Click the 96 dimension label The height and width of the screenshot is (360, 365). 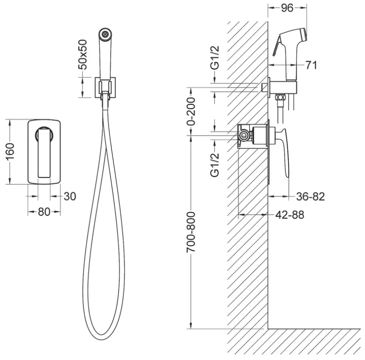[287, 8]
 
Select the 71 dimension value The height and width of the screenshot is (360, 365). [312, 65]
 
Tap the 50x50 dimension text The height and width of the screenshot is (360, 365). [83, 55]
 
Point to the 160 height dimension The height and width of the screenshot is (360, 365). [10, 152]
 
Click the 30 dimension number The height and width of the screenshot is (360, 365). [70, 196]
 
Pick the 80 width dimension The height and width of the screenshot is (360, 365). [44, 212]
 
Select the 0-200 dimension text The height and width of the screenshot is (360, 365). [191, 112]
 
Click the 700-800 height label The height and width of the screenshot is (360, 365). [191, 232]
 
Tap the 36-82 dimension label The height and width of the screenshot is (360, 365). [310, 196]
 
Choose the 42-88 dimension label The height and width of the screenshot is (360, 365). [289, 215]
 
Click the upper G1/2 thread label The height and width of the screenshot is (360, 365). [215, 58]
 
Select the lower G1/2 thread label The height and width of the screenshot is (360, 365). [215, 165]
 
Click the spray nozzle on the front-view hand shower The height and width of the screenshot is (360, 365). [105, 34]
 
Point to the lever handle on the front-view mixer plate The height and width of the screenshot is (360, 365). [44, 153]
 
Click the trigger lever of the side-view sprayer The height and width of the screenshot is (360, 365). [277, 46]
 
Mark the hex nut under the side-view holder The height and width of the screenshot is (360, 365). [280, 97]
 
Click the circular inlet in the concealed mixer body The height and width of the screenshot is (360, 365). [244, 135]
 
